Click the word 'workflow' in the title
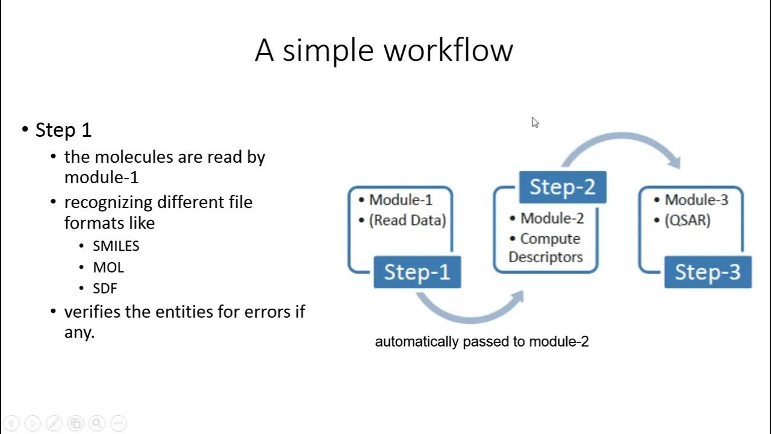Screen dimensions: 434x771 click(x=448, y=50)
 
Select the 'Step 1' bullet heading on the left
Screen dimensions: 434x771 click(x=63, y=130)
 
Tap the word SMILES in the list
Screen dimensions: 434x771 click(x=116, y=246)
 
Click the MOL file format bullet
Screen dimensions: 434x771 click(x=108, y=267)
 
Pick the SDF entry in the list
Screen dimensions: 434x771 click(x=105, y=288)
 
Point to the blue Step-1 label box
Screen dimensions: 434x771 click(x=417, y=272)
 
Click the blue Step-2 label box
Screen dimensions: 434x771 click(x=562, y=187)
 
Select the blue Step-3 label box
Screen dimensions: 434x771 click(x=707, y=272)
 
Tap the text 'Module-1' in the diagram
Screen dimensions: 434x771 click(x=401, y=200)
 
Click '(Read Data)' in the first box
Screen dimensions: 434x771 click(x=407, y=220)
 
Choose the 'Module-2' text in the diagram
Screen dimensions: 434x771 click(x=552, y=218)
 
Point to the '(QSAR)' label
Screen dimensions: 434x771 click(x=687, y=220)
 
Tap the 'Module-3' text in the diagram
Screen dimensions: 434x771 click(x=696, y=200)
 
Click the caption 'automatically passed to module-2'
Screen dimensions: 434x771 click(x=482, y=342)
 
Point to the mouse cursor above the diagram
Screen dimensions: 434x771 click(x=535, y=122)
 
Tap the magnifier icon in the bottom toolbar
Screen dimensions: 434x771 click(x=97, y=423)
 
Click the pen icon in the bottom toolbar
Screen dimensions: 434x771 click(x=54, y=423)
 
